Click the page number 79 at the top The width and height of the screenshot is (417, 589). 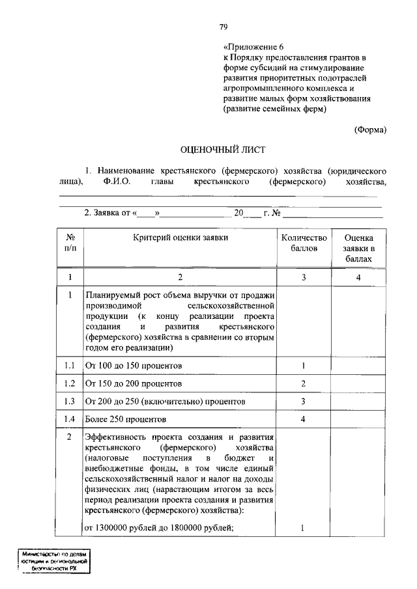(x=222, y=27)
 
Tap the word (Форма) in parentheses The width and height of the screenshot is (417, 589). (x=370, y=130)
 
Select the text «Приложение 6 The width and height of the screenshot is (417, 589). (x=254, y=48)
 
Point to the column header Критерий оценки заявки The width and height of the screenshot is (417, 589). (x=180, y=238)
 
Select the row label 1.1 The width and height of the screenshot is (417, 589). (x=70, y=366)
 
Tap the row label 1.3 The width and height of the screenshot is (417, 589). (x=70, y=402)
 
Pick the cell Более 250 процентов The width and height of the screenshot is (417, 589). (x=125, y=419)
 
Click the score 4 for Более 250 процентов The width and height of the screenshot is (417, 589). (x=303, y=419)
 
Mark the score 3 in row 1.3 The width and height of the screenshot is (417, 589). (x=303, y=402)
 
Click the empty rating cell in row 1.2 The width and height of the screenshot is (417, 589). (x=359, y=384)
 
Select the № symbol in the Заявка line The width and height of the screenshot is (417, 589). (x=276, y=213)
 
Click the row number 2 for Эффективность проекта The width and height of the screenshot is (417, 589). (x=70, y=437)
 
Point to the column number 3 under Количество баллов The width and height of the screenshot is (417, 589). (x=303, y=277)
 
